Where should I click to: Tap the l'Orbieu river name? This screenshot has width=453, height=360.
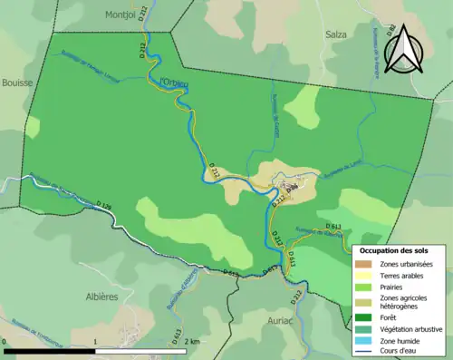(x=173, y=84)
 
